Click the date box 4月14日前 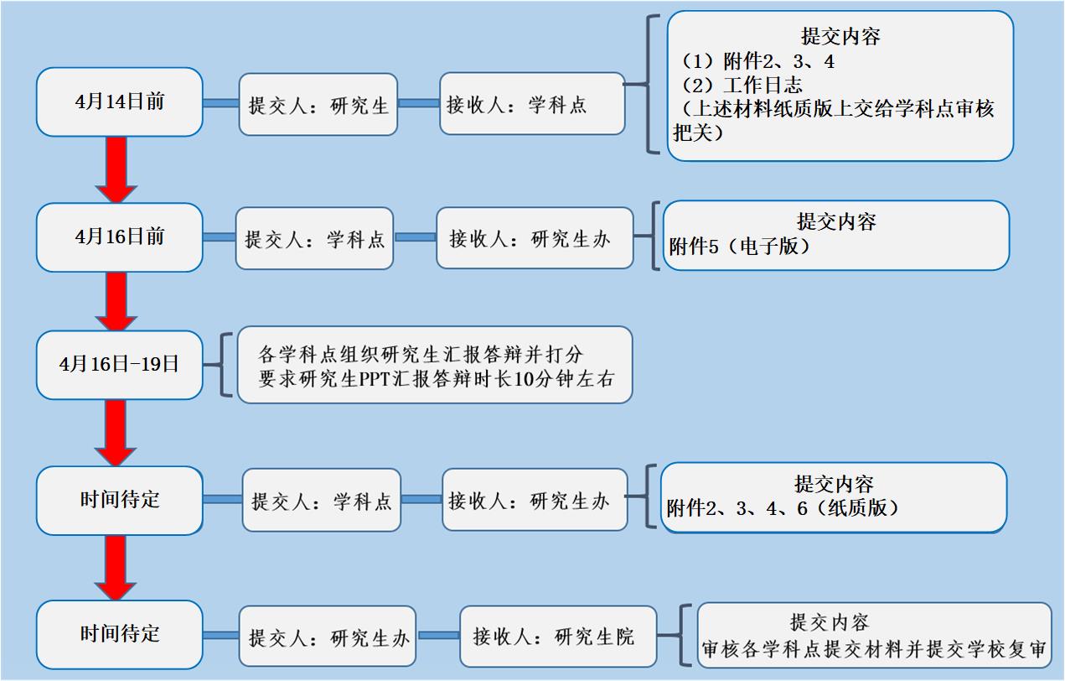click(x=119, y=102)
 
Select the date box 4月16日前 click(x=119, y=237)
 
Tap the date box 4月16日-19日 click(x=119, y=365)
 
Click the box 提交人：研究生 click(x=318, y=105)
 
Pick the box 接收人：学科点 click(x=532, y=104)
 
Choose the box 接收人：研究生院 click(x=558, y=636)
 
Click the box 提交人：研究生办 click(x=329, y=637)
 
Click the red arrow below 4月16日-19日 click(x=116, y=433)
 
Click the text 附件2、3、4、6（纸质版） click(x=783, y=507)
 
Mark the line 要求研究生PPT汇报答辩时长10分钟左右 click(x=437, y=379)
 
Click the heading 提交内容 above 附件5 click(x=836, y=222)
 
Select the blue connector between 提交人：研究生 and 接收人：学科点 click(x=419, y=104)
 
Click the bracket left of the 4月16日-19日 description click(x=225, y=365)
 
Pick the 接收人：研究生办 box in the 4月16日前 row click(x=535, y=238)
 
